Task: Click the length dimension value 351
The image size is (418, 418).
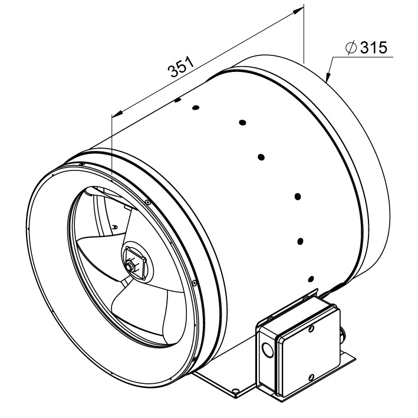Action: [180, 67]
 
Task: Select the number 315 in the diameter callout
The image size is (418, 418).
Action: [373, 48]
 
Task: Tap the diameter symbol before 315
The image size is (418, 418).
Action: [351, 48]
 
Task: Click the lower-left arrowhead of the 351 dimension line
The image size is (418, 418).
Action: [118, 114]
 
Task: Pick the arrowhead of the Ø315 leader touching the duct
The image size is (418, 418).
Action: [328, 75]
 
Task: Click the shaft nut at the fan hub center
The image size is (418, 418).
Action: [131, 266]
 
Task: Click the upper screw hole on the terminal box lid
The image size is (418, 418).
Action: [311, 329]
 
